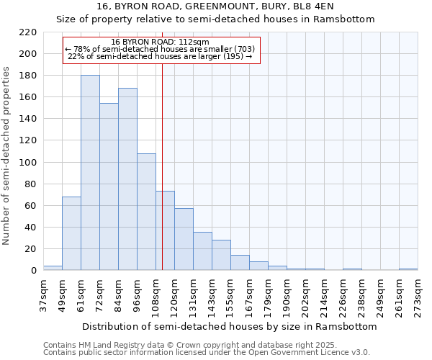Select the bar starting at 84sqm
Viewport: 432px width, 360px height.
[x=127, y=179]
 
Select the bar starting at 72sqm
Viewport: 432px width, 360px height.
[x=109, y=186]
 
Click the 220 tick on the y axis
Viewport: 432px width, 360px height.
[x=28, y=32]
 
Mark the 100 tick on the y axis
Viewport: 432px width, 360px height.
[x=28, y=163]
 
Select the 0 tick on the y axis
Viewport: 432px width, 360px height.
[x=33, y=271]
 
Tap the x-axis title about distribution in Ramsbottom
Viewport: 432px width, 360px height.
[x=230, y=326]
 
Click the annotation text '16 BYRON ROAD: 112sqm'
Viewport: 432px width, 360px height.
[x=161, y=42]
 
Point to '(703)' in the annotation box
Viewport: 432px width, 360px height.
[x=241, y=49]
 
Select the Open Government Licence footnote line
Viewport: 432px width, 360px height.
[x=207, y=352]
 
